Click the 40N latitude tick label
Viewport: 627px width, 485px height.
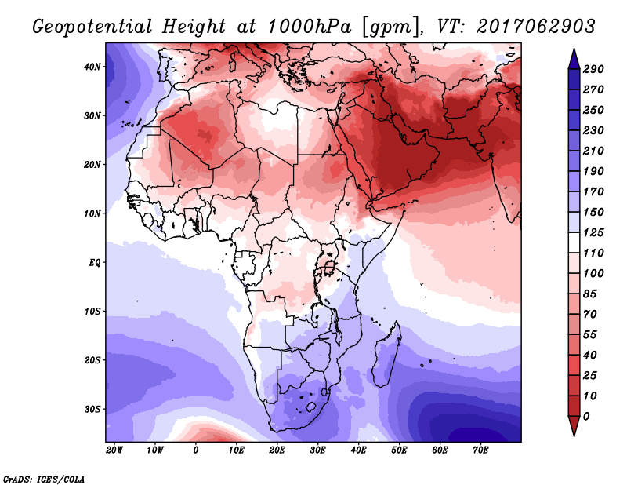point(92,67)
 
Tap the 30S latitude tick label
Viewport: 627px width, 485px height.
point(92,410)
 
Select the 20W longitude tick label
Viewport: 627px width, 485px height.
point(114,450)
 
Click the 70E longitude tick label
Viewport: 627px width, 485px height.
point(481,450)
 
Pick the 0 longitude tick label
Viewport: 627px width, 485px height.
point(195,450)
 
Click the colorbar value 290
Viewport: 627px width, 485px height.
point(593,69)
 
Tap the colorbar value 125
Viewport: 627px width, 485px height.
point(593,232)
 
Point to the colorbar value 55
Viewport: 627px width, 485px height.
point(590,335)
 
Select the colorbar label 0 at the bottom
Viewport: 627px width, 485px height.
point(586,417)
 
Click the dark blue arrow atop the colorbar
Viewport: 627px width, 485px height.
point(574,59)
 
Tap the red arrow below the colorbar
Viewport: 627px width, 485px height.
point(574,426)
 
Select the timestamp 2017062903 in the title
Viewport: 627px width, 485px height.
point(536,27)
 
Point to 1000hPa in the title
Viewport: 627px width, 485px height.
point(309,27)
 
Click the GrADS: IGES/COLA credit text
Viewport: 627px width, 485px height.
point(44,480)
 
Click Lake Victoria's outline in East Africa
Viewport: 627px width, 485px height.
point(330,267)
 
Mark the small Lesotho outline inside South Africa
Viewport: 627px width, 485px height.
point(311,408)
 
